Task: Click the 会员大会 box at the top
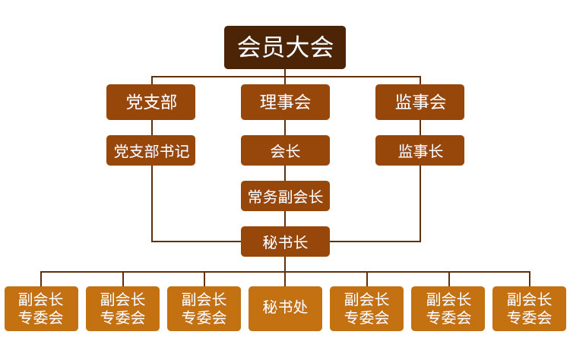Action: click(x=285, y=47)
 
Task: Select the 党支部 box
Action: click(x=150, y=102)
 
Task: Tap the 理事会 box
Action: click(x=285, y=102)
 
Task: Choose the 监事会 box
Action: click(x=420, y=102)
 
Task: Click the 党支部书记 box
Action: click(x=150, y=150)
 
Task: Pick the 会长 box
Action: click(x=285, y=150)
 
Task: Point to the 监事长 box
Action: click(x=420, y=150)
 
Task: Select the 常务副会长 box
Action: click(x=285, y=196)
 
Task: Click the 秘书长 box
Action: click(x=285, y=242)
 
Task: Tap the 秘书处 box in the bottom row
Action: click(x=285, y=308)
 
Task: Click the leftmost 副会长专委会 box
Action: click(x=41, y=308)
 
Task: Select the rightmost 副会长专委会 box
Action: click(x=529, y=308)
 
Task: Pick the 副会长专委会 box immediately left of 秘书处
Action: click(x=204, y=308)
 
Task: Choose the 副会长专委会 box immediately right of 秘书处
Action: click(x=366, y=308)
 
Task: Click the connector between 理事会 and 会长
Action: click(x=285, y=128)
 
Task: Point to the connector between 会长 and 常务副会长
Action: click(x=285, y=173)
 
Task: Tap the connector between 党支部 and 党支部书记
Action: click(x=151, y=128)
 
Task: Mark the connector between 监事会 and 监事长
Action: click(x=420, y=128)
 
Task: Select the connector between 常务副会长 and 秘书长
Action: click(x=285, y=219)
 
